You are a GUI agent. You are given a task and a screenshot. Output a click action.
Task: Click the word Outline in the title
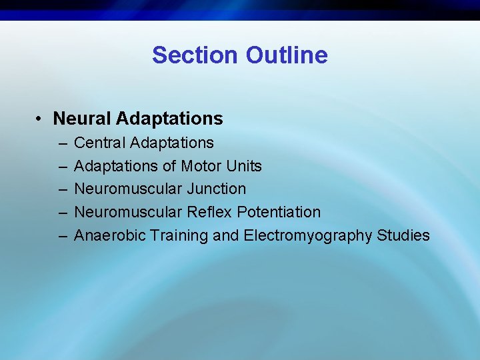[287, 55]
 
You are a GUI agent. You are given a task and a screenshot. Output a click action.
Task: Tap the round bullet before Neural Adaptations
[41, 119]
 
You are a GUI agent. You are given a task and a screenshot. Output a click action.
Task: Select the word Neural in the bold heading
[82, 119]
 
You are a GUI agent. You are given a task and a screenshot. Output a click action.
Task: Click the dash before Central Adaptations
[62, 143]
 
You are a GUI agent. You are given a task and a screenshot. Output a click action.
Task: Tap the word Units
[244, 166]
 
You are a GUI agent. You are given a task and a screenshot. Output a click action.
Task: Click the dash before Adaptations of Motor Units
[62, 167]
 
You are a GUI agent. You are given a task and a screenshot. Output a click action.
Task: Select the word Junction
[215, 189]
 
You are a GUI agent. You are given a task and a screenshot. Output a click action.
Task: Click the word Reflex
[207, 212]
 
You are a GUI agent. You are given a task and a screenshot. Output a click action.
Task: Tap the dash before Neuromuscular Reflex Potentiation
[62, 213]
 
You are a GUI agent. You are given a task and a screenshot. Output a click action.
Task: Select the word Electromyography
[307, 236]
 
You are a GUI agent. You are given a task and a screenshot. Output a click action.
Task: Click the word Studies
[403, 235]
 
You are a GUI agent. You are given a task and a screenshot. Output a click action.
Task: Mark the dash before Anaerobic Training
[62, 236]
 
